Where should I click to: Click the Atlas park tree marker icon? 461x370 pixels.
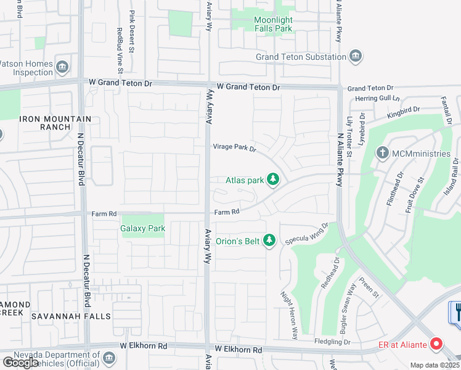pyautogui.click(x=274, y=180)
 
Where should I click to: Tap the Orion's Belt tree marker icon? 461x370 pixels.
pyautogui.click(x=269, y=240)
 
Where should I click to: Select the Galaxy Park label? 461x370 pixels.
pyautogui.click(x=143, y=228)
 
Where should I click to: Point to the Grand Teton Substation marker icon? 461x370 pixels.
pyautogui.click(x=356, y=57)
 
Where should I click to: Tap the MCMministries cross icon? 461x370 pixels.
pyautogui.click(x=382, y=152)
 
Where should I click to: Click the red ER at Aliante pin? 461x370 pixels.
pyautogui.click(x=437, y=343)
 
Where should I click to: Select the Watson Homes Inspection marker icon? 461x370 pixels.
pyautogui.click(x=62, y=67)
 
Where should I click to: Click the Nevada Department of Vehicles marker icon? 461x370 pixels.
pyautogui.click(x=108, y=358)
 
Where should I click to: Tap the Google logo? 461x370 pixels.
pyautogui.click(x=20, y=363)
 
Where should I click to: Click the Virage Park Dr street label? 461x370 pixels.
pyautogui.click(x=234, y=147)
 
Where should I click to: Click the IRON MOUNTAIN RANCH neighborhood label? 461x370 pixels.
pyautogui.click(x=55, y=123)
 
